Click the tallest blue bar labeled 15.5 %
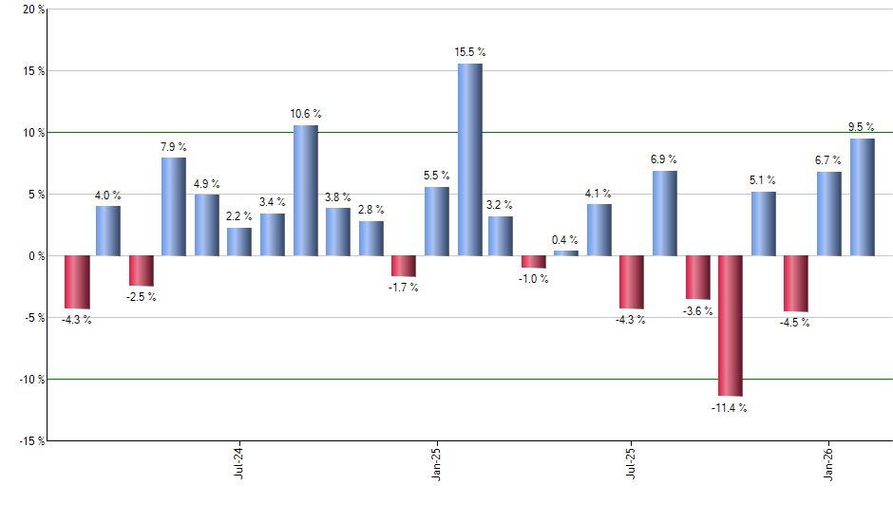point(469,159)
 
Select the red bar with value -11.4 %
point(730,326)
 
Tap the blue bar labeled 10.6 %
point(305,190)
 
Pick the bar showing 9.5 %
point(862,196)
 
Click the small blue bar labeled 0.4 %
point(566,253)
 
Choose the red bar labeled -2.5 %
point(141,270)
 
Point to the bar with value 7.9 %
point(173,206)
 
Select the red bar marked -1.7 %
point(404,266)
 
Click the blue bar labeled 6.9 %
point(664,213)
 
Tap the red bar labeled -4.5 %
point(795,283)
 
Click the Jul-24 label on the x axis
point(237,460)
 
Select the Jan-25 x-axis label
point(435,460)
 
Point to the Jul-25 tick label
point(632,460)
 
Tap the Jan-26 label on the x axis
point(828,460)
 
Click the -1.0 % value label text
point(533,279)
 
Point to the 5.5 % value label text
point(437,176)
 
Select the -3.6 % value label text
point(698,311)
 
